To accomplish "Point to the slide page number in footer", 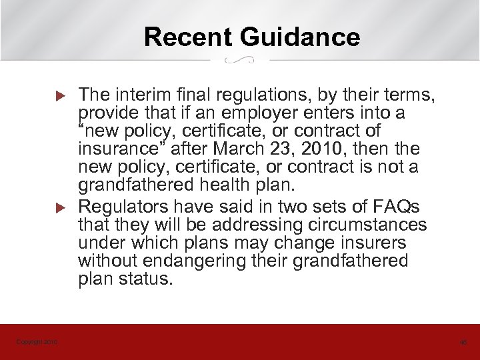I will (x=463, y=343).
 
